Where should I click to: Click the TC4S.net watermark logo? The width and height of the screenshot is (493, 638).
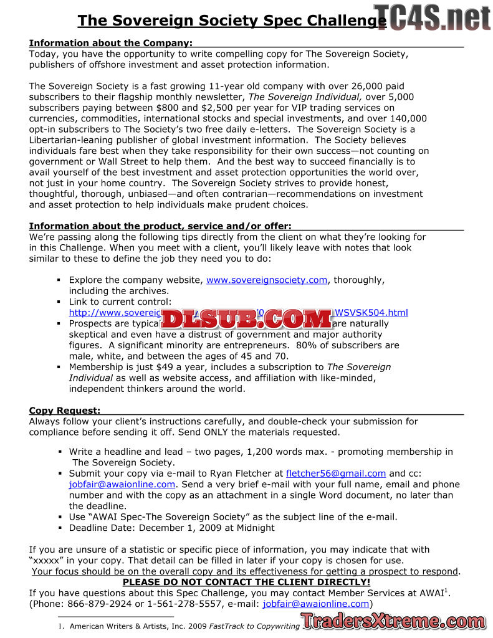(433, 17)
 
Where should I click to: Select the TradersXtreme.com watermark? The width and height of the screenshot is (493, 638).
(393, 621)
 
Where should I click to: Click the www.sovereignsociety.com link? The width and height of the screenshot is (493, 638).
(267, 280)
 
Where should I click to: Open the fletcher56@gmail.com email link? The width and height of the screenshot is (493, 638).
(336, 474)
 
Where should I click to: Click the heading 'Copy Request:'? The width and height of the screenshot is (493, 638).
(64, 411)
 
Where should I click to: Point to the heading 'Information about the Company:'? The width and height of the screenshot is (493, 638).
(110, 43)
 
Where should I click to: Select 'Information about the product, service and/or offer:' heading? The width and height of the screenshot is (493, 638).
(160, 226)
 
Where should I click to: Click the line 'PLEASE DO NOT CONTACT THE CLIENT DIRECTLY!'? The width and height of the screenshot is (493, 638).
(246, 583)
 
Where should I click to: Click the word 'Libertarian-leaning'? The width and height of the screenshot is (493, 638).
(70, 140)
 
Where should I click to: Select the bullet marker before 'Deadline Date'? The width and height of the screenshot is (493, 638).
(60, 528)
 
